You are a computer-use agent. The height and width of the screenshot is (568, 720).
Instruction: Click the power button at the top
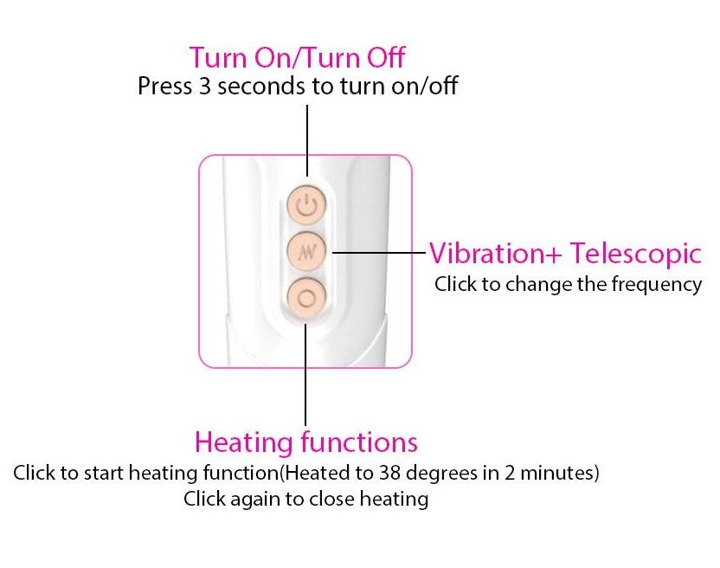pos(306,204)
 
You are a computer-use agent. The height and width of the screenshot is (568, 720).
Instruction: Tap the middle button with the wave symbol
pos(306,251)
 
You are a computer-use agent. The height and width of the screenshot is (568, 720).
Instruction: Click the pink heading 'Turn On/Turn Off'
pos(297,57)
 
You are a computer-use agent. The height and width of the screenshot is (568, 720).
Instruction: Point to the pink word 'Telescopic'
pos(636,255)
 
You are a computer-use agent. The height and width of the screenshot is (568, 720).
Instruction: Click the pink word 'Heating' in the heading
pos(244,443)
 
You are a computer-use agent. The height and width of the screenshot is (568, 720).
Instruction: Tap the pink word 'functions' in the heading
pos(359,442)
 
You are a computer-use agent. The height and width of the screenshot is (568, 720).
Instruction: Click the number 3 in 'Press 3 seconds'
pos(204,86)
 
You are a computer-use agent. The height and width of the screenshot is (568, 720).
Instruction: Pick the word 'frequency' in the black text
pos(656,285)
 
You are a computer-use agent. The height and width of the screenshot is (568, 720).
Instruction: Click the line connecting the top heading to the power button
pos(306,140)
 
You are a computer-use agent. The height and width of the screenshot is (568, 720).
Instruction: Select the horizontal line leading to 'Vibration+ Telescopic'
pos(379,252)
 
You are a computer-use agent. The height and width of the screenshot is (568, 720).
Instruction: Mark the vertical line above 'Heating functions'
pos(305,375)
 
